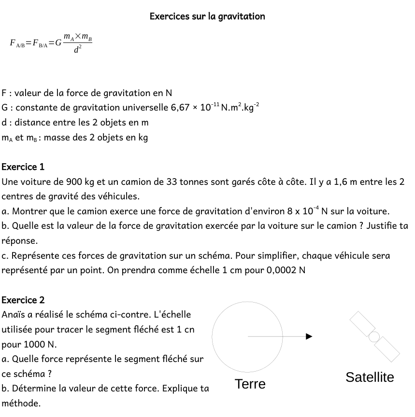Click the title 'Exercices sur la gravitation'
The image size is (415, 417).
coord(207,16)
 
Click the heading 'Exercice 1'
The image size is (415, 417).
coord(23,167)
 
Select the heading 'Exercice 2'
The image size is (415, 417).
coord(23,300)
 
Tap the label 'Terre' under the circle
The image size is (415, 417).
coord(250,384)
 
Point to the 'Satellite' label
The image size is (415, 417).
coord(370,377)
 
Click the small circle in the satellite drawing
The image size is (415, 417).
coord(374,336)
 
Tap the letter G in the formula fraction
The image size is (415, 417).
coord(58,43)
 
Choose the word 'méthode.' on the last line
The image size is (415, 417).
coord(21,403)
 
